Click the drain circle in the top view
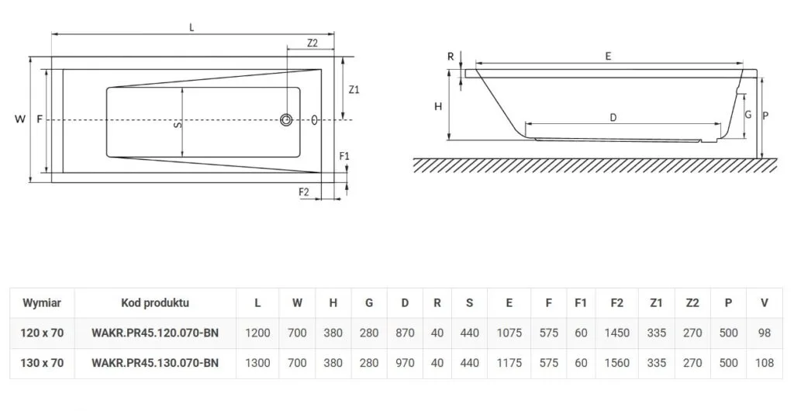click(x=287, y=120)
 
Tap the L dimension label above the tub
click(x=192, y=27)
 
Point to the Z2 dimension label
click(x=312, y=43)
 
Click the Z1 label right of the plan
click(x=354, y=89)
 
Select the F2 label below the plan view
click(x=304, y=190)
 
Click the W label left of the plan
click(x=19, y=119)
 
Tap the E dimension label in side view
click(x=609, y=56)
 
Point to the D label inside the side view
click(x=613, y=118)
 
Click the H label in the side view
click(x=438, y=106)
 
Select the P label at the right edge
click(x=765, y=116)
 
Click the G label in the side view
click(x=747, y=114)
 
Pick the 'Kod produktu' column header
click(x=155, y=303)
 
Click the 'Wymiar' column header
click(x=42, y=303)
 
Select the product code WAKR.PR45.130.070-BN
click(x=155, y=362)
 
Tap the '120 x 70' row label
click(x=42, y=333)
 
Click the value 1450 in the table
click(x=617, y=333)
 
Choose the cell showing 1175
click(x=509, y=362)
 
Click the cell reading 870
click(x=405, y=333)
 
